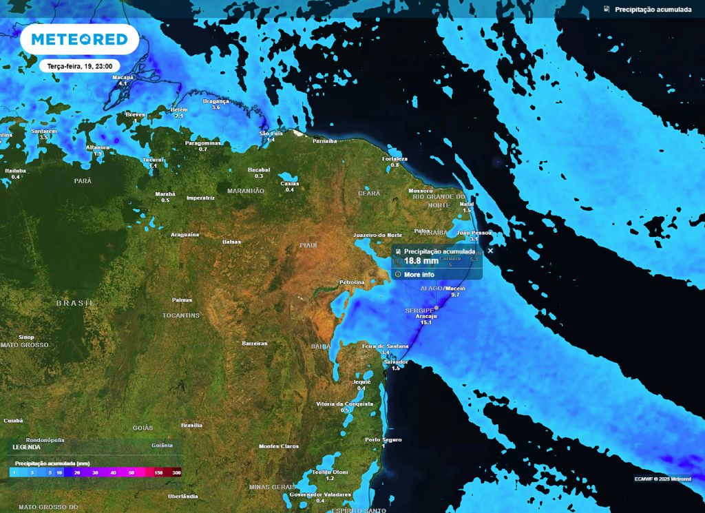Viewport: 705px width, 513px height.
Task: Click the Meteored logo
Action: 74,39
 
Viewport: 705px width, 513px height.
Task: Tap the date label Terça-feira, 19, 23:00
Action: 75,66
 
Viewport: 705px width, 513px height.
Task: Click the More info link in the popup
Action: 419,274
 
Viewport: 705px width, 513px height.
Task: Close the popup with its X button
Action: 490,251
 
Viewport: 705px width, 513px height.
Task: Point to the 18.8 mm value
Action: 421,262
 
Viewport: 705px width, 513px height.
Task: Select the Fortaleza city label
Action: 395,159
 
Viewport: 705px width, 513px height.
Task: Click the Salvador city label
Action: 396,362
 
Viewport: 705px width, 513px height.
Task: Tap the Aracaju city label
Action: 426,316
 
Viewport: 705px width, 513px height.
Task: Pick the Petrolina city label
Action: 357,283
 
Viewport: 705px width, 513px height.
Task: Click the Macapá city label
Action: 123,77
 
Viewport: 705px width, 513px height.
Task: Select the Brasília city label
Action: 191,425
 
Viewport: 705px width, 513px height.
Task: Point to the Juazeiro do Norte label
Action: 377,235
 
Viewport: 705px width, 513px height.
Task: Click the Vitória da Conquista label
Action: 344,403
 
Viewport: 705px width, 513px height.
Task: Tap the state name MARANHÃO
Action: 246,191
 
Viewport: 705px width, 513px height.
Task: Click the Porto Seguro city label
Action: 383,439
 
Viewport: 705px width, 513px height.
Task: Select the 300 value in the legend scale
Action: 176,472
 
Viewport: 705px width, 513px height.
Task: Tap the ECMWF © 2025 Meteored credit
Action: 663,479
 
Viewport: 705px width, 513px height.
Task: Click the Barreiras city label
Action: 255,343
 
